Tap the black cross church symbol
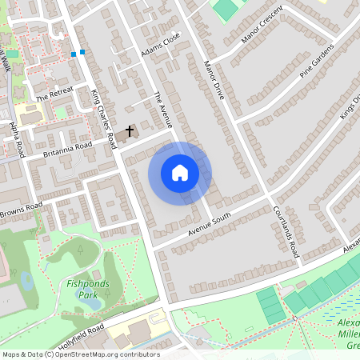tap(130, 130)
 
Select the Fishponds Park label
tap(82, 289)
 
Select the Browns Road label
tap(21, 210)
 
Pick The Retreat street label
tap(54, 94)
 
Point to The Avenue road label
tap(163, 110)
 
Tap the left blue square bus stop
tap(74, 54)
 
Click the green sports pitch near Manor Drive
tap(225, 9)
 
